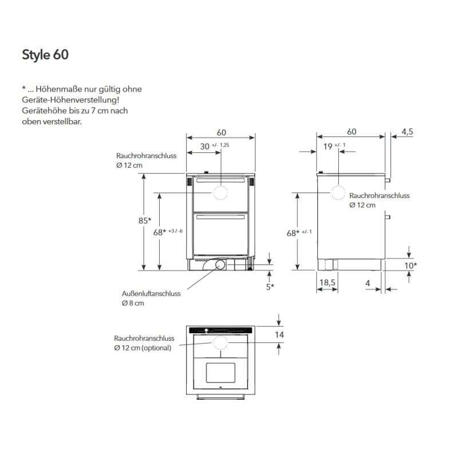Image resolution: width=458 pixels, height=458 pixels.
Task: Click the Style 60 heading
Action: pyautogui.click(x=45, y=55)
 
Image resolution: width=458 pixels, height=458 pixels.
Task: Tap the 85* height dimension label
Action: pyautogui.click(x=145, y=220)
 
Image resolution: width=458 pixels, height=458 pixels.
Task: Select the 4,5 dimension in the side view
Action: pyautogui.click(x=407, y=132)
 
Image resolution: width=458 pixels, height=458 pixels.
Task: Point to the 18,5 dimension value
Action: pyautogui.click(x=327, y=282)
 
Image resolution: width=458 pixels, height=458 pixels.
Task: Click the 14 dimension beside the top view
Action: pyautogui.click(x=279, y=335)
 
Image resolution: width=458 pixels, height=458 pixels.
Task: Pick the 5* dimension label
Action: pyautogui.click(x=270, y=287)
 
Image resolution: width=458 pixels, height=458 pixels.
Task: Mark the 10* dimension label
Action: pyautogui.click(x=410, y=266)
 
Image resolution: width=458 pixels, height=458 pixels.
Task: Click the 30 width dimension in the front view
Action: pyautogui.click(x=205, y=147)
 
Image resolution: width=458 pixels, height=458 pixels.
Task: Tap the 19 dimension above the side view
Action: pyautogui.click(x=327, y=147)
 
